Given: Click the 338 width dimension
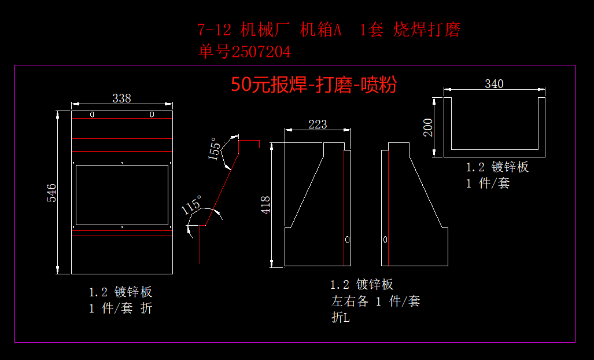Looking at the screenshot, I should (121, 98).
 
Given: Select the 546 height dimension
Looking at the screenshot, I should (51, 192).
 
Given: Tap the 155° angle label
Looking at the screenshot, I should (215, 148).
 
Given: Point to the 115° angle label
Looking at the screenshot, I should (191, 205).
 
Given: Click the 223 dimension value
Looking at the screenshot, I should (318, 124).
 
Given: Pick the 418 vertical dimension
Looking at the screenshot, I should (265, 205).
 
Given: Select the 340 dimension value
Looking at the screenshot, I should (494, 84).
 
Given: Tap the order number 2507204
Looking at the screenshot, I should (261, 53).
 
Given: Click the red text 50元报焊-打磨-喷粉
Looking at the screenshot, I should (313, 85).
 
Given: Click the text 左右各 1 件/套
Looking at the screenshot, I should (375, 302).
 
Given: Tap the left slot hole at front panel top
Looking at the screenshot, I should (92, 114).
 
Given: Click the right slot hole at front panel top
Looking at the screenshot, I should (152, 114).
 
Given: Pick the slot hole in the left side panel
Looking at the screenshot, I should (347, 239).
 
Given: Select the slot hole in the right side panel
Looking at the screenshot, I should (386, 239).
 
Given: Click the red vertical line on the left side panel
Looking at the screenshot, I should (344, 208).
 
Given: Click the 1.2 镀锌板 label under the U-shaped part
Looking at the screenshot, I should (497, 167).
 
